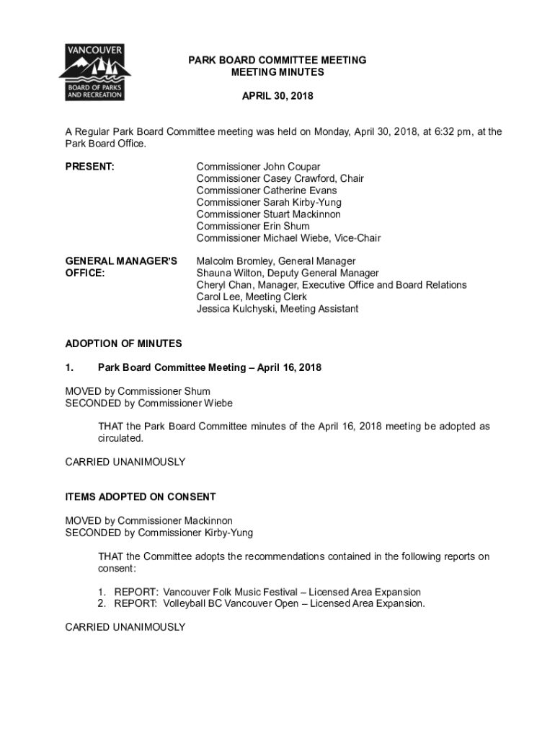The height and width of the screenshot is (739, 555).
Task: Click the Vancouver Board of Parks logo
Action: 94,72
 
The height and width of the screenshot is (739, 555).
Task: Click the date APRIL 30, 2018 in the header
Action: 277,96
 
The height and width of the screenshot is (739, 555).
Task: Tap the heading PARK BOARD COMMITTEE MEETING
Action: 277,61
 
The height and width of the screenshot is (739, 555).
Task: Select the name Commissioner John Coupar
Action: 258,167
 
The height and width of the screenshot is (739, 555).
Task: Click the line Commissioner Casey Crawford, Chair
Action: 280,179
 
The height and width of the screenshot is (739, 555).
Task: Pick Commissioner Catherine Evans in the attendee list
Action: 266,191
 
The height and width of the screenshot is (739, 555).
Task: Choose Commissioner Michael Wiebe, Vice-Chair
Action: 288,238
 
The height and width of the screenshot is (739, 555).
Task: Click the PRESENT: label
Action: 90,167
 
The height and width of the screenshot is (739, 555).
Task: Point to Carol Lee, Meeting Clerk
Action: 252,297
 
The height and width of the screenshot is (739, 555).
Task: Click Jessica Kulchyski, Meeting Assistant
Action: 277,309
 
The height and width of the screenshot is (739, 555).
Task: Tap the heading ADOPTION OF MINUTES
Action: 123,344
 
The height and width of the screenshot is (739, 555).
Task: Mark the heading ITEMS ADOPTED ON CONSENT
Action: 141,497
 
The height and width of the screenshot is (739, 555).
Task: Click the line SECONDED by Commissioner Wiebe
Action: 149,403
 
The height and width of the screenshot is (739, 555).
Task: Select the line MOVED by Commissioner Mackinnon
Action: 149,520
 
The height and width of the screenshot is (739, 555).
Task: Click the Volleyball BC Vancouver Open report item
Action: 269,603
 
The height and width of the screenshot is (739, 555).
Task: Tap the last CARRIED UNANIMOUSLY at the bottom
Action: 125,627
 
